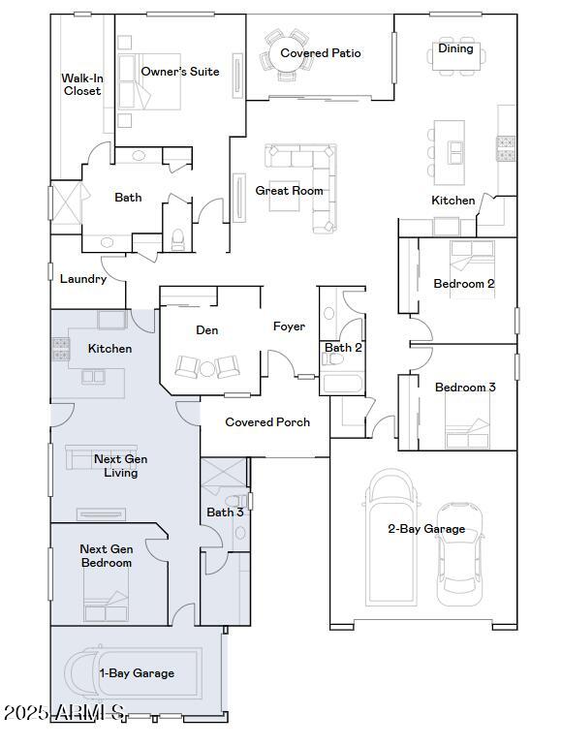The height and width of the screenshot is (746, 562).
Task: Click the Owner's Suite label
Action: point(179,72)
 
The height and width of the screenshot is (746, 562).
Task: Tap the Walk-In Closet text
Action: point(81,84)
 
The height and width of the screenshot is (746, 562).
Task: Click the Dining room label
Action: point(455,48)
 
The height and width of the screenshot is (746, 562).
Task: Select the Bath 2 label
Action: point(343,348)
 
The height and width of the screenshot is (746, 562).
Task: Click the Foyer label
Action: point(289,326)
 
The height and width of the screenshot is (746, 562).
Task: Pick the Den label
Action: point(207,330)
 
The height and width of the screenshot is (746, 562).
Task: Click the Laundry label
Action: point(83,279)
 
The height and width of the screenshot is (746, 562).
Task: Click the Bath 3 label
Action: point(224,512)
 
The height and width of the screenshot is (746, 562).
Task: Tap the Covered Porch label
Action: point(267,422)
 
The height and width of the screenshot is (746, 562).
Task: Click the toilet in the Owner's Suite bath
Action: point(177,238)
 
